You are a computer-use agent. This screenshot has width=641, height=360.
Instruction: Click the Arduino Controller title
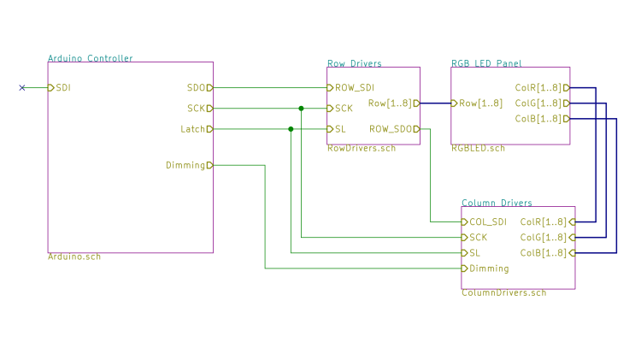[90, 58]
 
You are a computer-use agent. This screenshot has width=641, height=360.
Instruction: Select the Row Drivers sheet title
[354, 63]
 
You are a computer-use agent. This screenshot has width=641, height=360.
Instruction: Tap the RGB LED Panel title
[485, 63]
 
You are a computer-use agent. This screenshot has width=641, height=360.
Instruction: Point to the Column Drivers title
[497, 203]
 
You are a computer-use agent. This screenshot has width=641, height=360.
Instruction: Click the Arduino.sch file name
[74, 257]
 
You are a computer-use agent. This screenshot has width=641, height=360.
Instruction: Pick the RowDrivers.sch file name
[361, 148]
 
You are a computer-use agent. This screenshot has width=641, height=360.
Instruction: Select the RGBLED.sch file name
[478, 148]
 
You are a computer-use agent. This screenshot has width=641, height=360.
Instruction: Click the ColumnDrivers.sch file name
[503, 292]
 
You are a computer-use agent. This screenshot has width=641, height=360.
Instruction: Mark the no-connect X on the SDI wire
[22, 87]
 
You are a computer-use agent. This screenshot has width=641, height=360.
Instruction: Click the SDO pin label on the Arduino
[196, 87]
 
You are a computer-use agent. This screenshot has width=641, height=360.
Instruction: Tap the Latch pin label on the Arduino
[192, 129]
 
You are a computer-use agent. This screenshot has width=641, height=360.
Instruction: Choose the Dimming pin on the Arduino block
[185, 165]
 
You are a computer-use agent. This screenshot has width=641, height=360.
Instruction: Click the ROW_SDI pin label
[354, 87]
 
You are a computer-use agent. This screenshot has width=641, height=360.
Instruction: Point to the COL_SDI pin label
[488, 221]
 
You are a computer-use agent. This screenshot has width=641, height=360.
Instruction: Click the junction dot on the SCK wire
[301, 109]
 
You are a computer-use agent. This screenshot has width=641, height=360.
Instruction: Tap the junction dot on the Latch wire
[291, 129]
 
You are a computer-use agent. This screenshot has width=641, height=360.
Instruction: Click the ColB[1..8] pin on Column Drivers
[543, 253]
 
